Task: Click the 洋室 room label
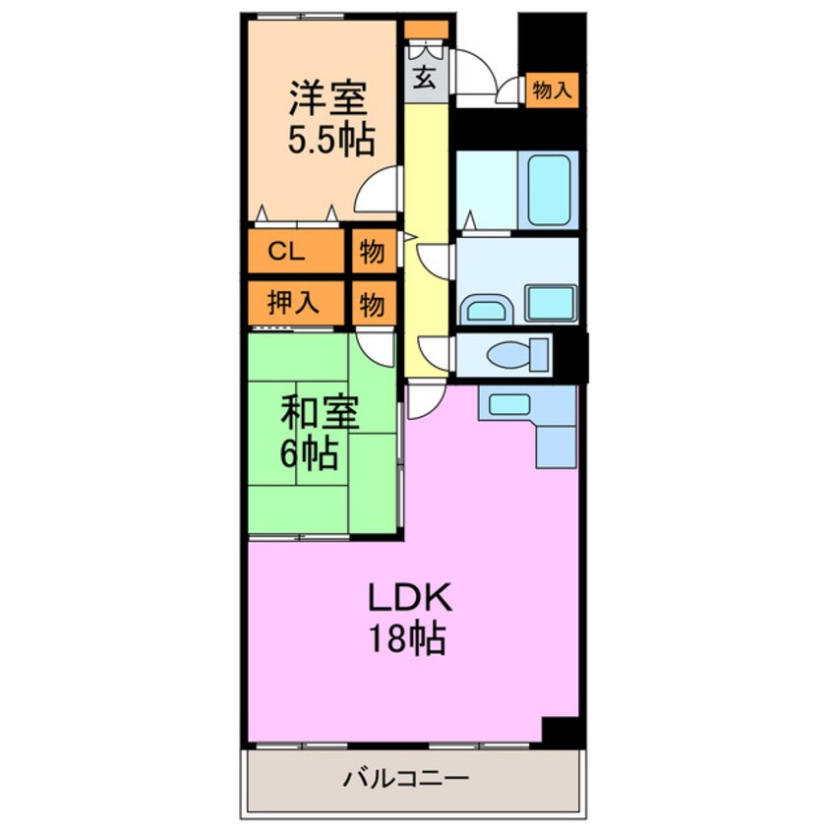[328, 100]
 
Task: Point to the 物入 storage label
[551, 90]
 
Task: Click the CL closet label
[286, 252]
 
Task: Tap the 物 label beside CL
[371, 252]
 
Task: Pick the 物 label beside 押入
[371, 303]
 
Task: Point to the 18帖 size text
[408, 640]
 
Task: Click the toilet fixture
[520, 353]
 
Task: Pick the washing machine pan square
[550, 302]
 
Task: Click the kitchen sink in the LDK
[507, 403]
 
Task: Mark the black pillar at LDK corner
[563, 732]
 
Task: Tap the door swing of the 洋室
[380, 192]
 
